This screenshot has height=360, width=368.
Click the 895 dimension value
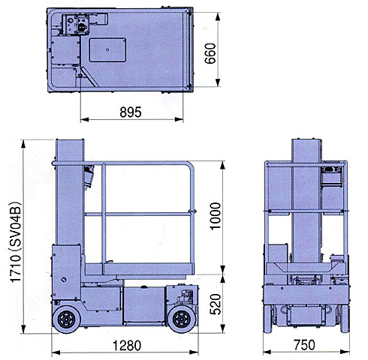131,112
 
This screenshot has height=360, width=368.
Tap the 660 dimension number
210,53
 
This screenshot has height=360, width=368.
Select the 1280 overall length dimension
127,346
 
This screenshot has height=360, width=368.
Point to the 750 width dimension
304,345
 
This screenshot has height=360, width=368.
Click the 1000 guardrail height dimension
216,216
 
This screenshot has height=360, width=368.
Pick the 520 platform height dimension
216,304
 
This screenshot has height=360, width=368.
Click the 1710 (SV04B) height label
16,242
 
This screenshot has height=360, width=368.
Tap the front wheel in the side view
182,319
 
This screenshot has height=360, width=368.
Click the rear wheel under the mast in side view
67,319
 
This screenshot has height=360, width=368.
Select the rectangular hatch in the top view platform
107,49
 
